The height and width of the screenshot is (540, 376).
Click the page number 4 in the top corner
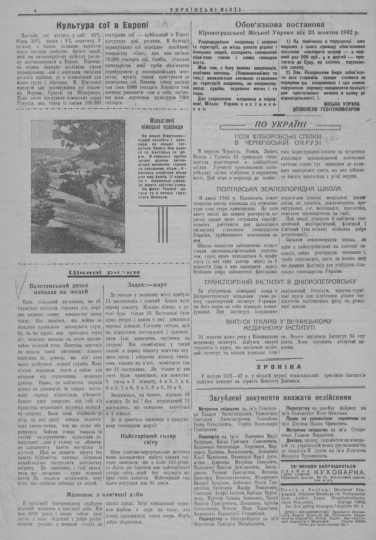(x=35, y=11)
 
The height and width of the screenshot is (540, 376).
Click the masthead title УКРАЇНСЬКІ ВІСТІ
(x=205, y=10)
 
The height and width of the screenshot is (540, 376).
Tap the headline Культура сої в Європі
(x=102, y=26)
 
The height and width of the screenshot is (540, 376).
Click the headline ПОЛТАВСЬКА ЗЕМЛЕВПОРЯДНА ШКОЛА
(x=279, y=188)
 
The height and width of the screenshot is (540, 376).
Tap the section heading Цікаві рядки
(x=102, y=272)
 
